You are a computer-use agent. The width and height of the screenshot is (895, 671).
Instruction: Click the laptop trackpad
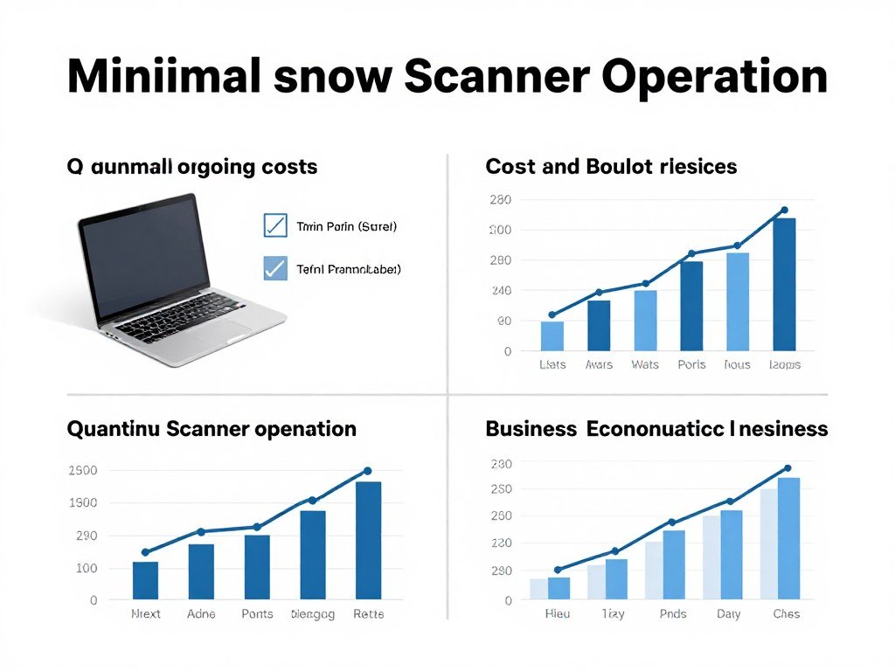pos(215,330)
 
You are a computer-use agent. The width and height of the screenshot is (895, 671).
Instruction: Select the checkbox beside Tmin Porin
pos(275,225)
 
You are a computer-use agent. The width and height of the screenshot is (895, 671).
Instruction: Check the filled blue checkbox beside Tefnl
pos(275,268)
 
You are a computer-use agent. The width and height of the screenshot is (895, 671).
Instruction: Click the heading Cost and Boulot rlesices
pos(611,166)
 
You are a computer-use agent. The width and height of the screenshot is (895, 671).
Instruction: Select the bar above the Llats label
pos(552,336)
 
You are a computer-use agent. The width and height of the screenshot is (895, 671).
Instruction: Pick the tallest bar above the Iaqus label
pos(784,284)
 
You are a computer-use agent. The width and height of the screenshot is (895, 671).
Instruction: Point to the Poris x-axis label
pos(691,364)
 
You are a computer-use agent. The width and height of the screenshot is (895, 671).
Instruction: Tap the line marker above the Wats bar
pos(646,283)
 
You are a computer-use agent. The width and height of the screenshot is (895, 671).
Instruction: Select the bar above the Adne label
pos(201,571)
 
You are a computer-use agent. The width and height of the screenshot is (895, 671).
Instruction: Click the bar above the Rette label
pos(368,541)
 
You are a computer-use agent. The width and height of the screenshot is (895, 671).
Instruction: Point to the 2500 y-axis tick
pos(82,471)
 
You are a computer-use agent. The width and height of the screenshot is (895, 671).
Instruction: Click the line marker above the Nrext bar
pos(145,552)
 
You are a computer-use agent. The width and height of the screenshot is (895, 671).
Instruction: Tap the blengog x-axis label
pos(313,614)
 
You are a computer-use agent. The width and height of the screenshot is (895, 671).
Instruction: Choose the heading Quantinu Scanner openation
pos(212,429)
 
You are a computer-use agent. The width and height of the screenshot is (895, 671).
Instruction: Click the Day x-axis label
pos(728,614)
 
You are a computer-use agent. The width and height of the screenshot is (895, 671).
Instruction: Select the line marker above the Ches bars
pos(787,468)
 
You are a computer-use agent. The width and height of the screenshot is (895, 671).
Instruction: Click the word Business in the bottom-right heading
pos(531,429)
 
